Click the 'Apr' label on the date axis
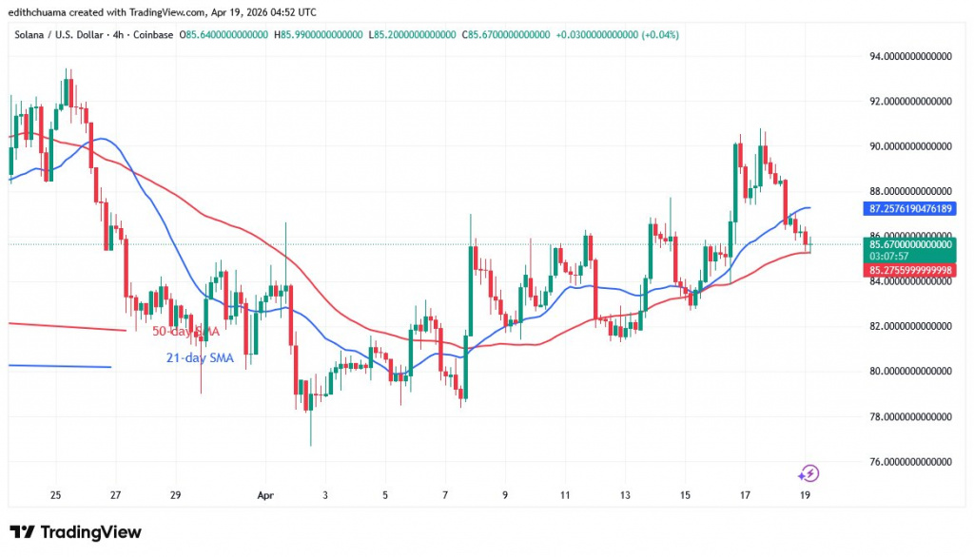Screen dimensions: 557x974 click(x=264, y=495)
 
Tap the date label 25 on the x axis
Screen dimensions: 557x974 click(x=56, y=495)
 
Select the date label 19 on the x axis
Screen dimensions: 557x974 click(x=807, y=495)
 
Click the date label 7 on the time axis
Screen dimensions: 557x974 click(x=444, y=495)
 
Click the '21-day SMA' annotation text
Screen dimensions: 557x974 click(x=200, y=356)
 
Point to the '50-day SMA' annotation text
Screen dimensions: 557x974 click(x=186, y=331)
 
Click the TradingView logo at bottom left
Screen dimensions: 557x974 click(x=75, y=532)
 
